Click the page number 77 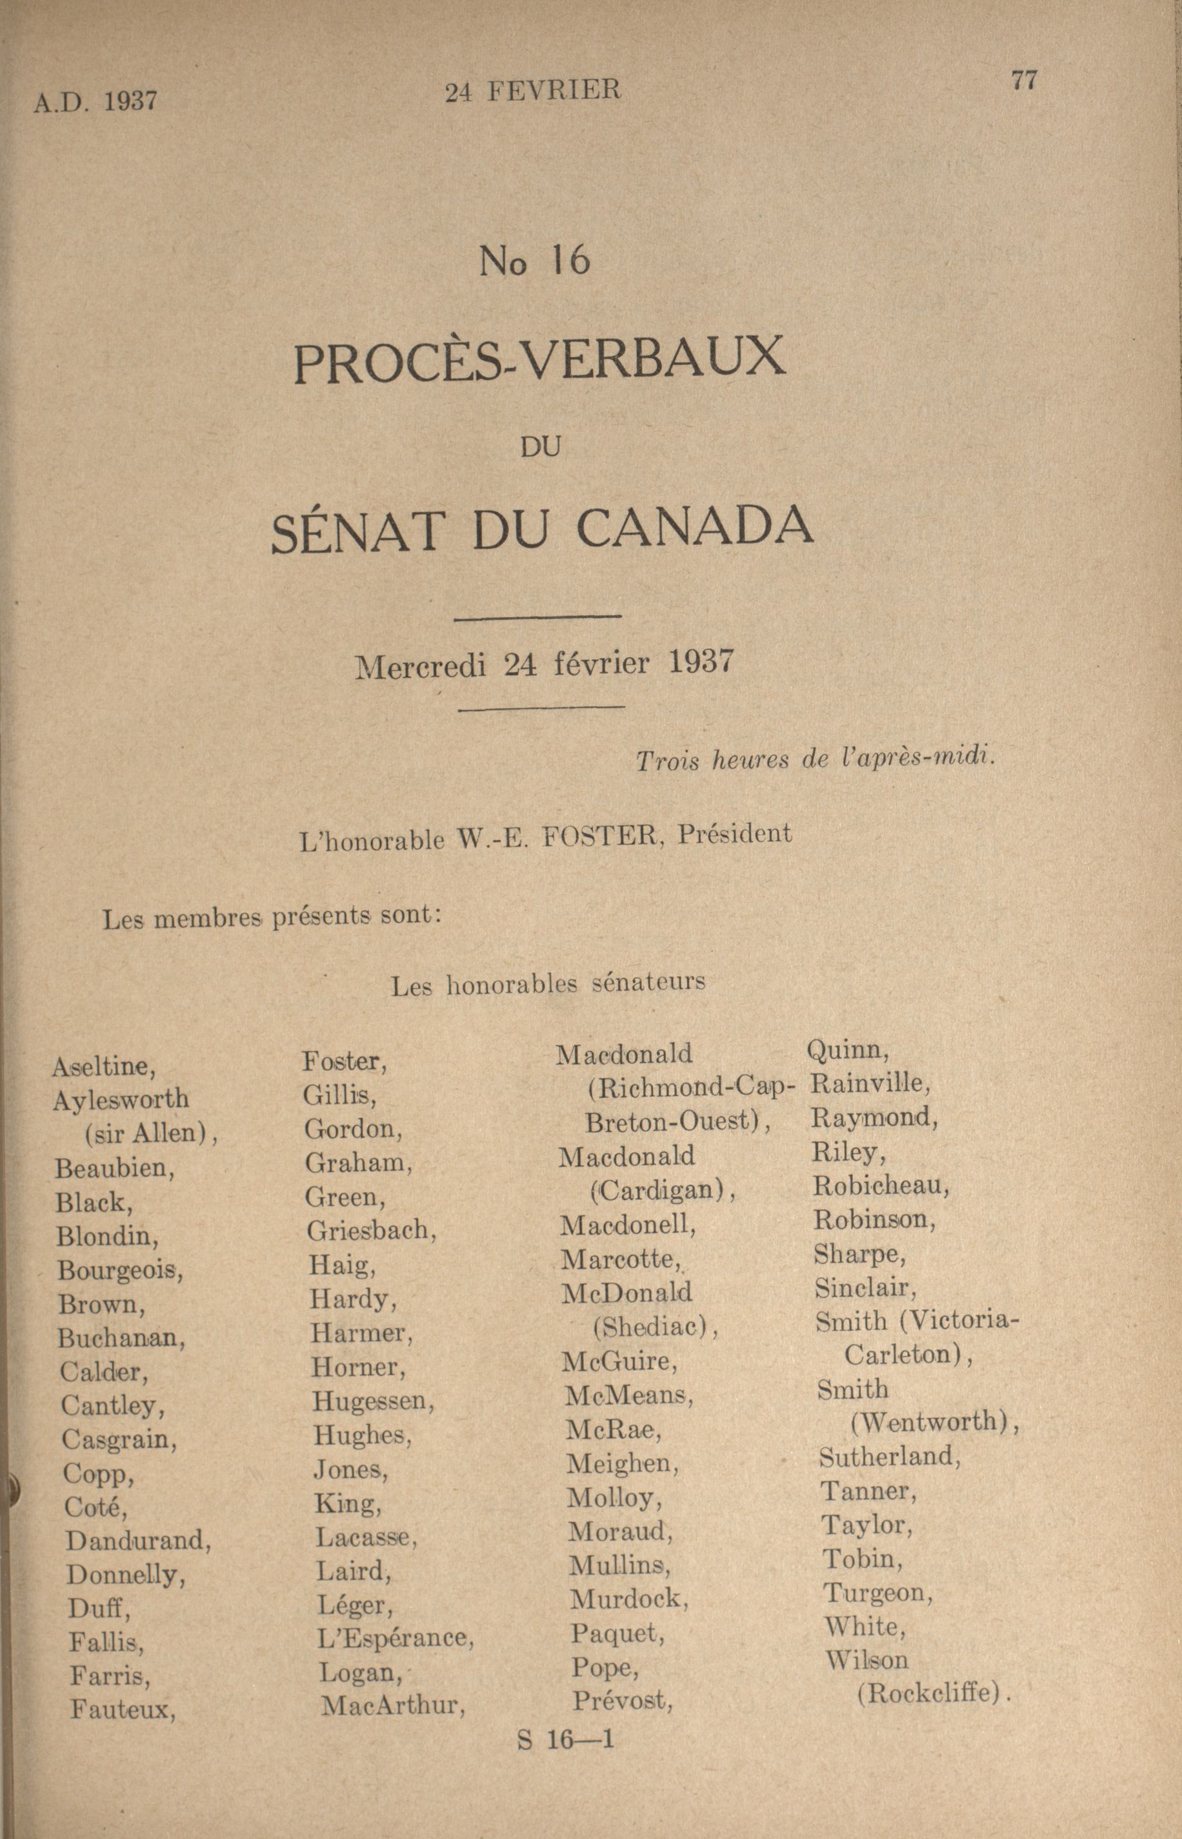point(1025,81)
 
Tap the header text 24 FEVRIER point(533,92)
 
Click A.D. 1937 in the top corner point(95,101)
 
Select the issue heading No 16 point(534,262)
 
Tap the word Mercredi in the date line point(421,667)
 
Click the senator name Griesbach point(372,1232)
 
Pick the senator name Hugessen point(374,1401)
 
